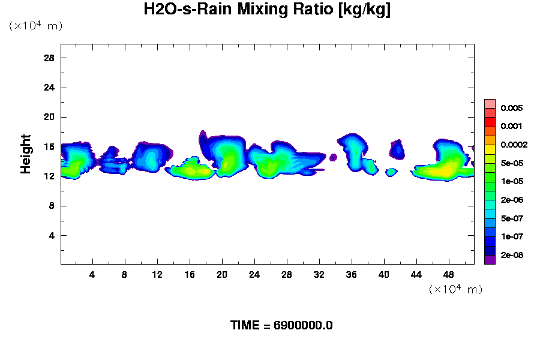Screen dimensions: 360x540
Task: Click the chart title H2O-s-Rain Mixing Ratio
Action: (267, 10)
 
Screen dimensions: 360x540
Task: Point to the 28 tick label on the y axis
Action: (49, 58)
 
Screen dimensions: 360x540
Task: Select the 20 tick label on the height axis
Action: (49, 117)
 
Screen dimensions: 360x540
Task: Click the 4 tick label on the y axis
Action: (52, 235)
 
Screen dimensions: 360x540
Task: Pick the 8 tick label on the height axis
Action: (52, 206)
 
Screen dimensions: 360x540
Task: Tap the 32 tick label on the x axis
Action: (319, 275)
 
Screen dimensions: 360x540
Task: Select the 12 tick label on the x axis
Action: (157, 275)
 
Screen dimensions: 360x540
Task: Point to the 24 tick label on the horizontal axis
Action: (254, 275)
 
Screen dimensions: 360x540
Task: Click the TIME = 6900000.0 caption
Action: (281, 325)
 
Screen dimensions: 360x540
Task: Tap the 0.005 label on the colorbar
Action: (511, 109)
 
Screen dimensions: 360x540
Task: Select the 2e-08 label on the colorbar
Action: (511, 255)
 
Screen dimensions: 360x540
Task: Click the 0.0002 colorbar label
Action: (513, 145)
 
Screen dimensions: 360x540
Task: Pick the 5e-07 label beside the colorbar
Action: (511, 218)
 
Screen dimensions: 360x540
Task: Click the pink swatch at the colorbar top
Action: (490, 103)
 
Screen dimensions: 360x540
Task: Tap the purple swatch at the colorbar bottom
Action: (490, 260)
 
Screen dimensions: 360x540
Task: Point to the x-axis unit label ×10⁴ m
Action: (455, 289)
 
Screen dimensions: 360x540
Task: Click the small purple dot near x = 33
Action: (334, 157)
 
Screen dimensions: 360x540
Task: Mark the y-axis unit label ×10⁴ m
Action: (35, 26)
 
